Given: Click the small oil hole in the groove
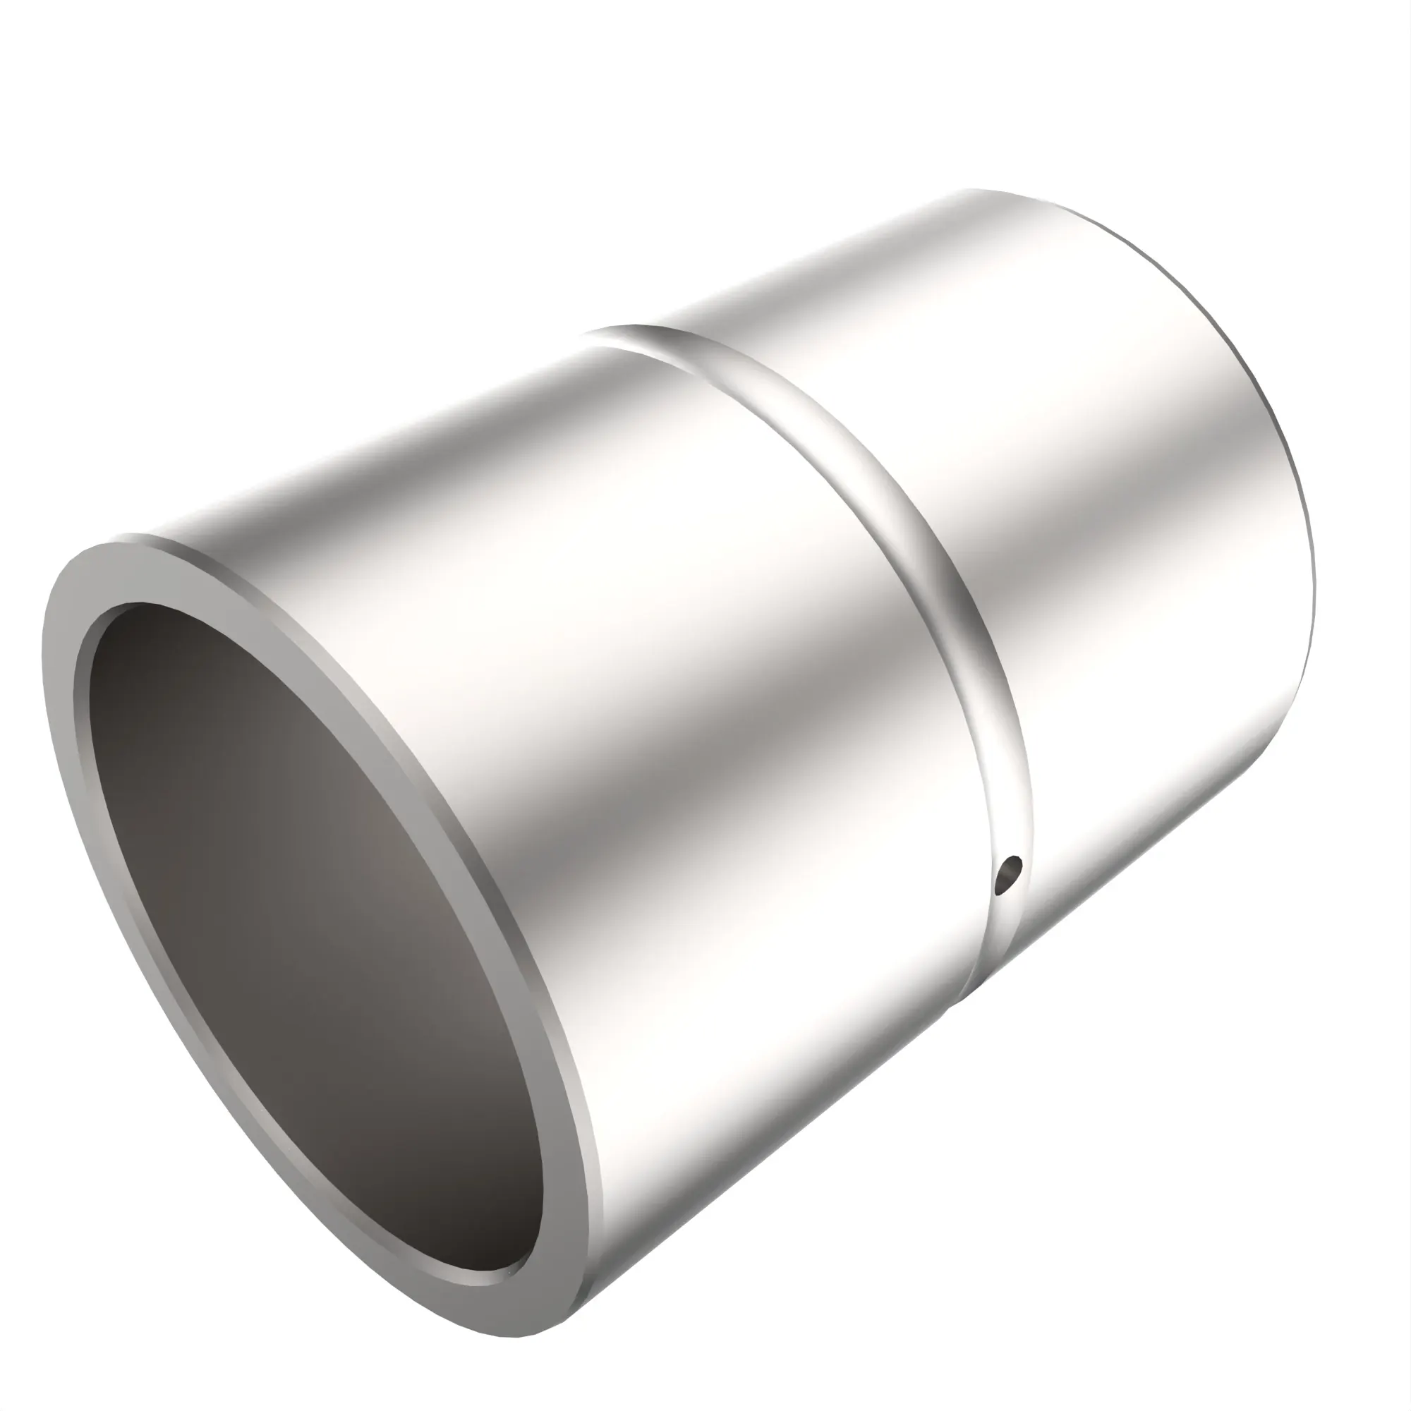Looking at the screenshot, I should point(1010,874).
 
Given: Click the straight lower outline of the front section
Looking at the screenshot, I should point(767,1154).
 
